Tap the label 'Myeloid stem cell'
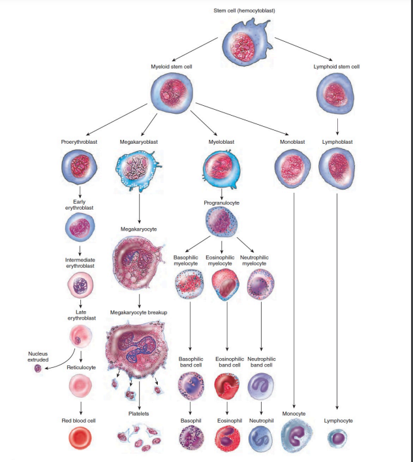click(171, 67)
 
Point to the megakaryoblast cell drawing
click(140, 170)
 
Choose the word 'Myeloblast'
click(222, 141)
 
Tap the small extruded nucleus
click(38, 369)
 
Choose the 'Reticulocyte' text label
click(80, 368)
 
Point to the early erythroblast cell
click(80, 227)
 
